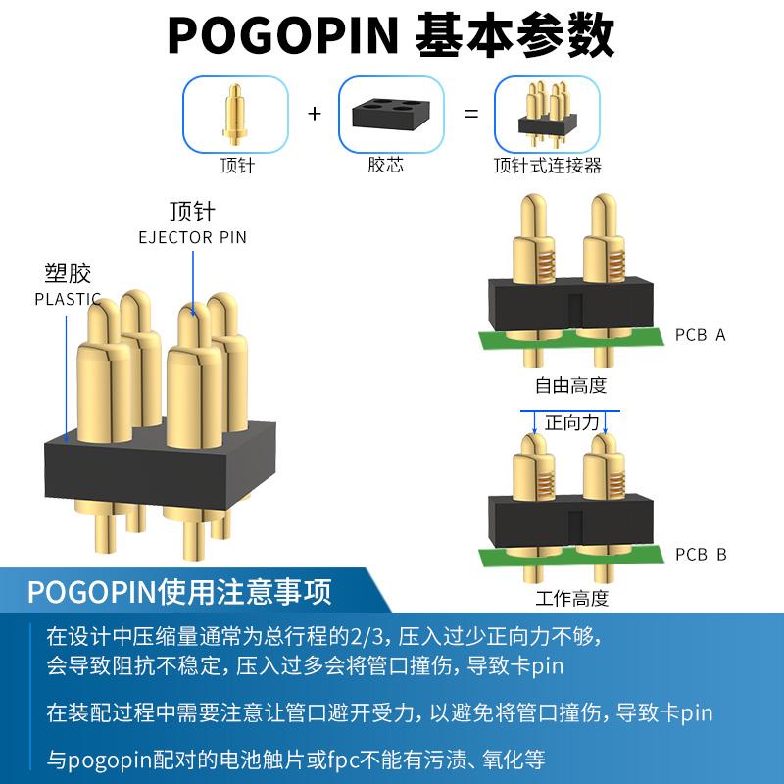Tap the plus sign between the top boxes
point(315,114)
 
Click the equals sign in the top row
point(471,114)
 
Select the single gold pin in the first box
point(236,112)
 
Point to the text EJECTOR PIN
point(192,237)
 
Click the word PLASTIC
point(68,299)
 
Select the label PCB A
point(701,335)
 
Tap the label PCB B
point(701,555)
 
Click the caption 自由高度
point(571,385)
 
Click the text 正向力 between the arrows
point(571,423)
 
